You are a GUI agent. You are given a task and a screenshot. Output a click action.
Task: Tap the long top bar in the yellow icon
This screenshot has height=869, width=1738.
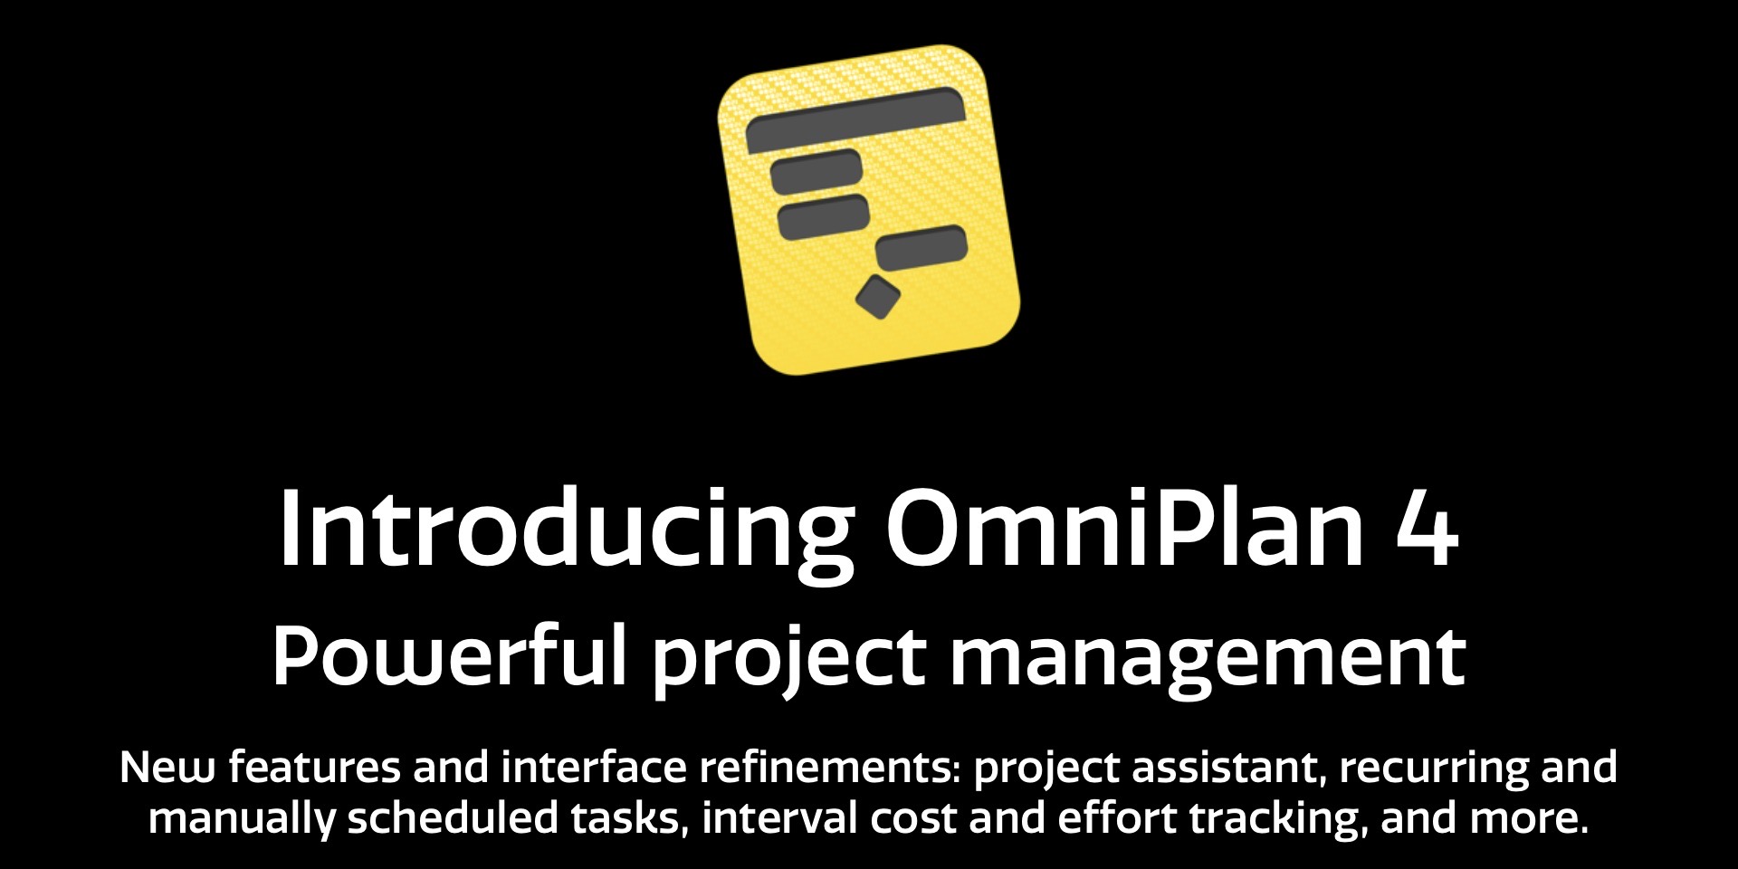click(855, 119)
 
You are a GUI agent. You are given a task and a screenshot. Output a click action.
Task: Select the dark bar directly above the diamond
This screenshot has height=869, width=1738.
click(922, 247)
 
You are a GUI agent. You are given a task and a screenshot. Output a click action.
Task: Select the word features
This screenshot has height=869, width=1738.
click(314, 768)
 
